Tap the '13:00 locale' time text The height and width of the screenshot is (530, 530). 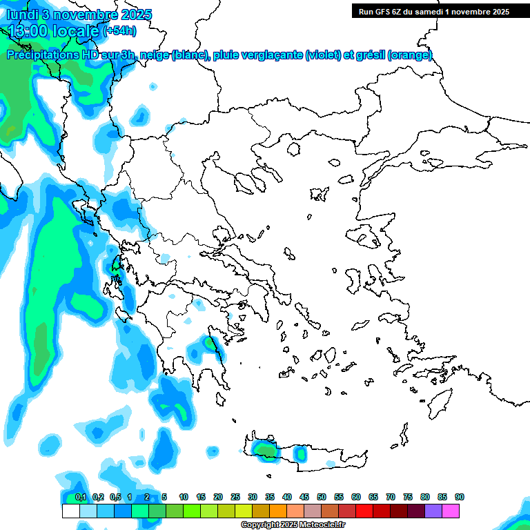[52, 30]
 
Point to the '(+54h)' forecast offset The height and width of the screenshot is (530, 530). [119, 30]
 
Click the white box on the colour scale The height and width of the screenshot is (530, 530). [71, 511]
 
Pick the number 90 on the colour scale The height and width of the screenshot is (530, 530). [459, 498]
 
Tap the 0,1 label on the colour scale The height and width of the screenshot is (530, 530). [81, 498]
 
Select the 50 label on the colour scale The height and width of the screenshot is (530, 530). [321, 498]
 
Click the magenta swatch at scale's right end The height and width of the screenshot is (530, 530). [451, 511]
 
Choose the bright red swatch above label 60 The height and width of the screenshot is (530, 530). [364, 511]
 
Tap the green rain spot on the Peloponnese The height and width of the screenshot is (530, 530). [210, 343]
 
